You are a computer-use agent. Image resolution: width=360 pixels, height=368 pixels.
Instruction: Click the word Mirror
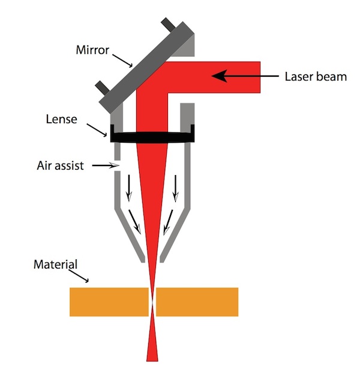click(92, 50)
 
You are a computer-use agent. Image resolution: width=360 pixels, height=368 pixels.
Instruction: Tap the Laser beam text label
click(316, 77)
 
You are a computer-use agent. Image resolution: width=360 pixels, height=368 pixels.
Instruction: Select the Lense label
click(62, 119)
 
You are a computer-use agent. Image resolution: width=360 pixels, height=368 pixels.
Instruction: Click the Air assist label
click(60, 165)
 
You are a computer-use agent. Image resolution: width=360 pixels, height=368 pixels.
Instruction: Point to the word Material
click(55, 264)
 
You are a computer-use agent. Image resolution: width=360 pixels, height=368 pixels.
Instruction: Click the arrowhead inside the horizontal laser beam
click(219, 76)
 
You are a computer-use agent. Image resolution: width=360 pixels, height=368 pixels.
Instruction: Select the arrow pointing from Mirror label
click(122, 61)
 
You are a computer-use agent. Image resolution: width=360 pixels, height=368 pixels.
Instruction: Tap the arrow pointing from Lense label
click(97, 130)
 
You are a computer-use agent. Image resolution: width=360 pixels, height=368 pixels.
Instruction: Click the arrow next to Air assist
click(106, 165)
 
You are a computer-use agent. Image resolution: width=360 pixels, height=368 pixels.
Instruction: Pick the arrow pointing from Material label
click(79, 276)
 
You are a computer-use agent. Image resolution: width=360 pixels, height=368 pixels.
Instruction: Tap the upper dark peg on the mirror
click(168, 24)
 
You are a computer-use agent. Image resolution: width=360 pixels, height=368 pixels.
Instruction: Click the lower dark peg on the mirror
click(102, 87)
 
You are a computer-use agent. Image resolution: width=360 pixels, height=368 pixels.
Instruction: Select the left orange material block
click(109, 302)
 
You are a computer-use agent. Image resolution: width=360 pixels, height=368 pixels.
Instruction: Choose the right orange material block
click(197, 302)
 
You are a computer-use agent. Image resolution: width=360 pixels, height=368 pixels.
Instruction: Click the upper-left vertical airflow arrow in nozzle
click(129, 188)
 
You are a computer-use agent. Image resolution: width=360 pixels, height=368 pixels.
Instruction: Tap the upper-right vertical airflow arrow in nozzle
click(175, 188)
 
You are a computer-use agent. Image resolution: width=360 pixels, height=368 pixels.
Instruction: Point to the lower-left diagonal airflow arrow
click(134, 222)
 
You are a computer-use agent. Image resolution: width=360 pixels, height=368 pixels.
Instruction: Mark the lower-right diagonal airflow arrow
click(168, 222)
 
